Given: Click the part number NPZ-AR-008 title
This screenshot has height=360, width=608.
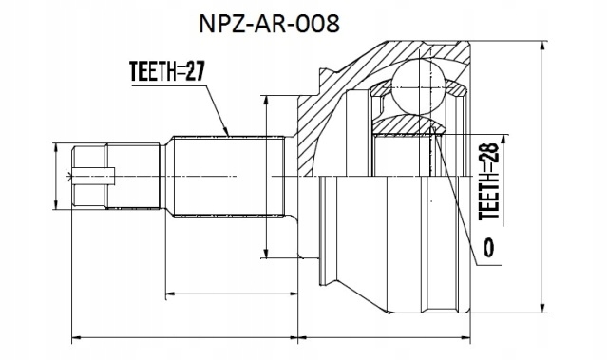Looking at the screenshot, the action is coord(269,24).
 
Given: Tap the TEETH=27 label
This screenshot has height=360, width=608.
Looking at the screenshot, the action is coord(167,71).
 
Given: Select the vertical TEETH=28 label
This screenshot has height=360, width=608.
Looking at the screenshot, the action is coord(488,181).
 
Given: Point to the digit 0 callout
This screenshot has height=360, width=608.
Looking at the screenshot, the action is coord(489,248).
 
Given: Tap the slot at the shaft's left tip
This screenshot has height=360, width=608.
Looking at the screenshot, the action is coord(93,176).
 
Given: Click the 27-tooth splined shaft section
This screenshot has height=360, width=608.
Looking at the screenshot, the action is coord(228,176).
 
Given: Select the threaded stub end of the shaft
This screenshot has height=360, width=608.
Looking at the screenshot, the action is coord(116,176).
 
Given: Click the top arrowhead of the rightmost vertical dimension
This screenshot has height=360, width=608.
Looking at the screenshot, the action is coord(543,46).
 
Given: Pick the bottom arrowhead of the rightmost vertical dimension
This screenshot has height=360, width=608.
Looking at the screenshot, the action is coord(543,308).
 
